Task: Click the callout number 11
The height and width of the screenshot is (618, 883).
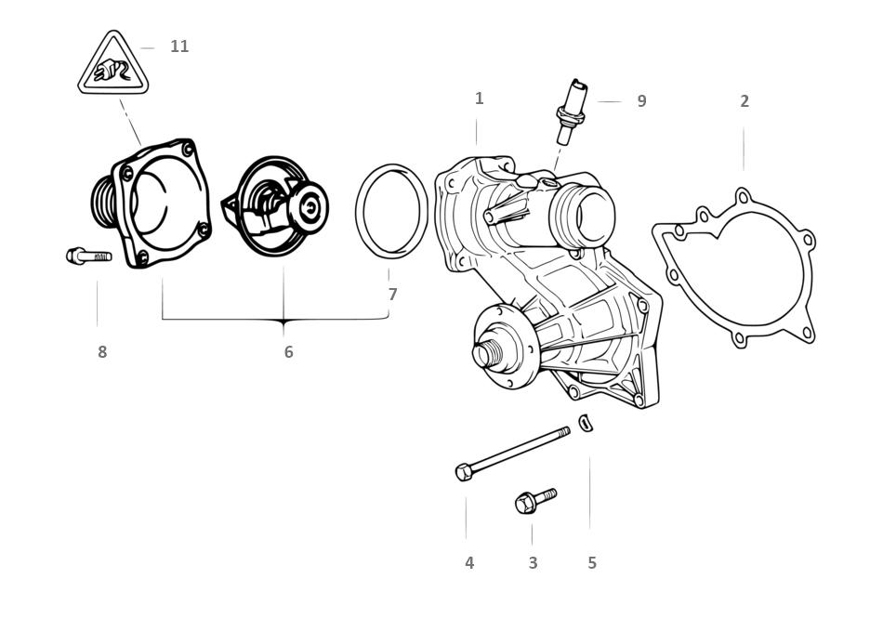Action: [x=179, y=46]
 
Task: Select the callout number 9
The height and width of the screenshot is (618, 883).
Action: [x=641, y=101]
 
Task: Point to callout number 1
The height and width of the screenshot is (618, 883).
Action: [x=479, y=99]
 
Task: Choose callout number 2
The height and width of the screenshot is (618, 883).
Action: [x=744, y=101]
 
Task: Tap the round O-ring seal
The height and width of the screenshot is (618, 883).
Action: [x=391, y=212]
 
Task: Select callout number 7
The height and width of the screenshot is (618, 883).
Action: [x=392, y=295]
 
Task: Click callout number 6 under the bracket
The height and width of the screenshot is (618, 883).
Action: [x=288, y=352]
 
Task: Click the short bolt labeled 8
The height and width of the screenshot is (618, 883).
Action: [x=88, y=256]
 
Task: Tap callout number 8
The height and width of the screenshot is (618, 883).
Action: [x=102, y=352]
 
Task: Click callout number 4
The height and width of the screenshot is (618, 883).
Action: [x=469, y=563]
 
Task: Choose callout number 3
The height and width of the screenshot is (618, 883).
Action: [x=533, y=563]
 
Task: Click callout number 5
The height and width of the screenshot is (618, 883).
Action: [x=592, y=563]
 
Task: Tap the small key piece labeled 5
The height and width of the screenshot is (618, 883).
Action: [x=586, y=423]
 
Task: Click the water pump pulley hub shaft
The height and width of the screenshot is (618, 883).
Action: [x=485, y=353]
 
